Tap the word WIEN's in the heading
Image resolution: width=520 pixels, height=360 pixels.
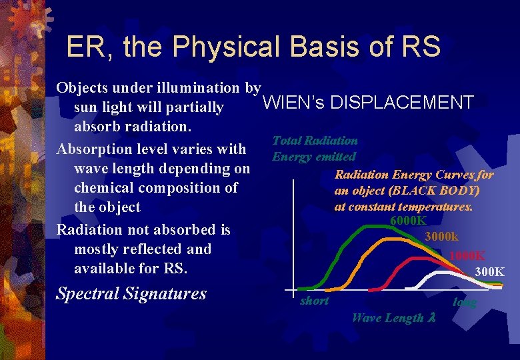pyautogui.click(x=294, y=103)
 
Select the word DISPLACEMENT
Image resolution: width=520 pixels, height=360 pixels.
pyautogui.click(x=402, y=103)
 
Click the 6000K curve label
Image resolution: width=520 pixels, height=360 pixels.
pyautogui.click(x=408, y=221)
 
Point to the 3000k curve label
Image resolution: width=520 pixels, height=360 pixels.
pyautogui.click(x=441, y=237)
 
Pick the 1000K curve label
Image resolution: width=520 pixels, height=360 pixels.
pyautogui.click(x=467, y=255)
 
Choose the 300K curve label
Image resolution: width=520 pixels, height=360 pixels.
pyautogui.click(x=489, y=271)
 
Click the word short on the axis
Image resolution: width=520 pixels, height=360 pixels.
pyautogui.click(x=315, y=301)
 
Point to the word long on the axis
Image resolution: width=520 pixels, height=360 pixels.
pyautogui.click(x=465, y=302)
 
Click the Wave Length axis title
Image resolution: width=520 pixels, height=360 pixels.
pyautogui.click(x=393, y=318)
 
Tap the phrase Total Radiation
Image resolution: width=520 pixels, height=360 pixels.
pyautogui.click(x=315, y=141)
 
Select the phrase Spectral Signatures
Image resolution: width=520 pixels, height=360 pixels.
pyautogui.click(x=131, y=293)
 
